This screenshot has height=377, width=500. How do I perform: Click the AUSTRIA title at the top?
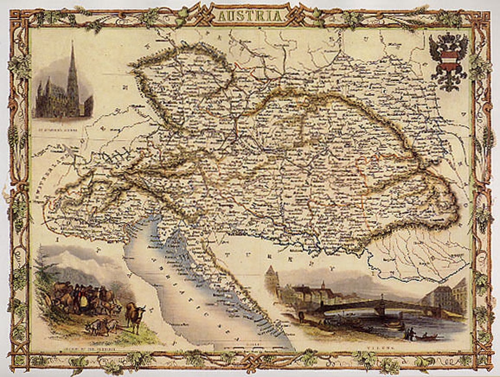click(x=250, y=16)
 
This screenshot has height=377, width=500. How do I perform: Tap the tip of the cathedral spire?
click(x=72, y=43)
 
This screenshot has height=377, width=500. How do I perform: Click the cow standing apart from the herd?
click(x=135, y=315)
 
